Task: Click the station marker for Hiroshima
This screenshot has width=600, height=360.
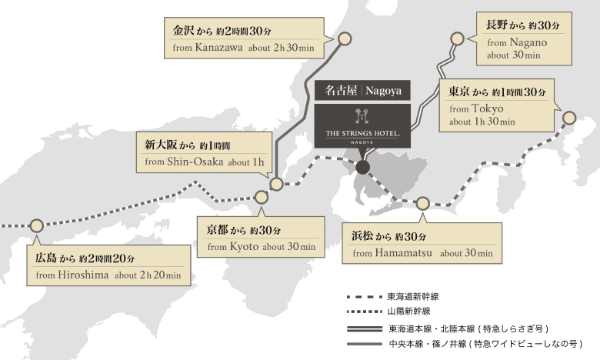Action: pyautogui.click(x=37, y=225)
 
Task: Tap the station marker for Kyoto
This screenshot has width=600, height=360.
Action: pyautogui.click(x=262, y=198)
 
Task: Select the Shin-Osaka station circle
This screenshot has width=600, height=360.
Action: pyautogui.click(x=276, y=184)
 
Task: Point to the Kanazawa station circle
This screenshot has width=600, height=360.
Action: pyautogui.click(x=345, y=38)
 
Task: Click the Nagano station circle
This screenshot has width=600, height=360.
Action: pyautogui.click(x=457, y=38)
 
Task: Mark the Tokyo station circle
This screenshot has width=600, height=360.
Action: pyautogui.click(x=569, y=118)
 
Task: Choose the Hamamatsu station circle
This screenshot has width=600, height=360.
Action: pyautogui.click(x=422, y=204)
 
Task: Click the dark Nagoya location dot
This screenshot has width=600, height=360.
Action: pyautogui.click(x=363, y=167)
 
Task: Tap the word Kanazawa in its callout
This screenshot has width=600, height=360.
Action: pyautogui.click(x=218, y=48)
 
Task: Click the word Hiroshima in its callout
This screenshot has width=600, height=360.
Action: pyautogui.click(x=83, y=275)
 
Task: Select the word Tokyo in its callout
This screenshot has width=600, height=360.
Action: pyautogui.click(x=487, y=108)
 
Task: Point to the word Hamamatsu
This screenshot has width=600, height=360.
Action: pyautogui.click(x=403, y=253)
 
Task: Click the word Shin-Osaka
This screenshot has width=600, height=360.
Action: pyautogui.click(x=195, y=162)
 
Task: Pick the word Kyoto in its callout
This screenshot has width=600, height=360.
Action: pyautogui.click(x=244, y=246)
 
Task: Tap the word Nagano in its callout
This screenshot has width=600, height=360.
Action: pyautogui.click(x=528, y=42)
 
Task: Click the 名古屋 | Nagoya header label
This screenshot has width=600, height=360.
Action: pyautogui.click(x=362, y=90)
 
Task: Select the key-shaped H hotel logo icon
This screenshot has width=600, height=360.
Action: pyautogui.click(x=362, y=116)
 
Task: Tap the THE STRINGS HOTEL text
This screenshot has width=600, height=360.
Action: pyautogui.click(x=363, y=134)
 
